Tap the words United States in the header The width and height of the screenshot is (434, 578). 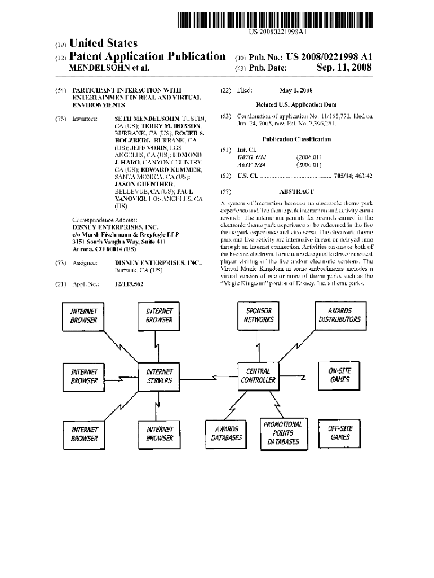click(103, 43)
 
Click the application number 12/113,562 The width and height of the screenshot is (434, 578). click(129, 284)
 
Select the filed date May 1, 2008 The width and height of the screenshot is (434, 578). click(296, 90)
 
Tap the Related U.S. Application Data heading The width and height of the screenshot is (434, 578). click(296, 104)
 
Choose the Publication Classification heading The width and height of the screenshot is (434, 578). click(296, 139)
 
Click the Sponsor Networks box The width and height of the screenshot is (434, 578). click(259, 315)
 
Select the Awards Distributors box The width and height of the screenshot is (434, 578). click(340, 315)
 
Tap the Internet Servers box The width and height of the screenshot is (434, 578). click(160, 376)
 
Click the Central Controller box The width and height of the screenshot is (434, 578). click(259, 376)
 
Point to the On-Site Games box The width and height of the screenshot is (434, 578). click(340, 375)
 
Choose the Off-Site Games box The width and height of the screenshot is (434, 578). click(340, 433)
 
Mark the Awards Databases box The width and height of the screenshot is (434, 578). click(227, 433)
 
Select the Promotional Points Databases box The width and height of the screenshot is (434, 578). click(283, 433)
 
